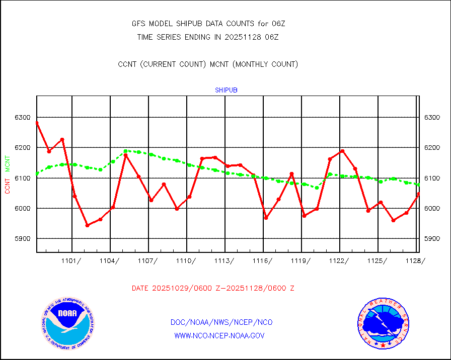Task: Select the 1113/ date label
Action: [224, 260]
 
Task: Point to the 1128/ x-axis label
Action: [415, 260]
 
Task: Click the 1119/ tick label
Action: [301, 260]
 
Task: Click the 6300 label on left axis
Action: [23, 118]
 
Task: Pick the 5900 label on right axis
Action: [432, 238]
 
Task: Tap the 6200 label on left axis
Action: [23, 148]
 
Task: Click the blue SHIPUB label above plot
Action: [226, 90]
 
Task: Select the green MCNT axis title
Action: [8, 163]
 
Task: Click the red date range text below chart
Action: [213, 289]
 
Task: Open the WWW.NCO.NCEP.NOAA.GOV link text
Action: [219, 335]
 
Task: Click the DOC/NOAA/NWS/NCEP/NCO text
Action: [221, 322]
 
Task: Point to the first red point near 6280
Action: [37, 123]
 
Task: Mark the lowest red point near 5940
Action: [87, 225]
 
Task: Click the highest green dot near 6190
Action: [126, 151]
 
